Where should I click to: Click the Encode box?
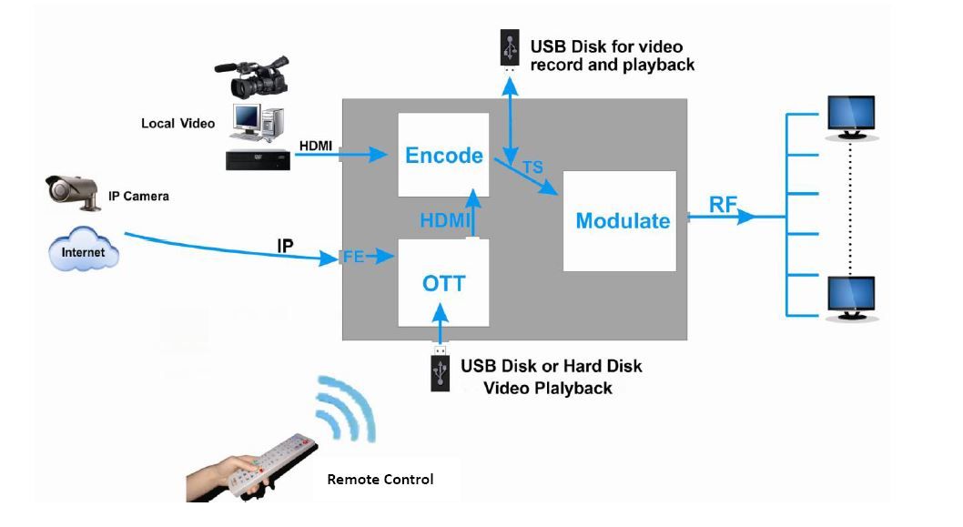(443, 155)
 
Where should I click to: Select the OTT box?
(443, 283)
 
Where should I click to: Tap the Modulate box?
(622, 221)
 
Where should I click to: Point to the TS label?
(533, 168)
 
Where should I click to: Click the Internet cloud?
(84, 251)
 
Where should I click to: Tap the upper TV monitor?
(850, 117)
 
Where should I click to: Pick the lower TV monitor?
(850, 298)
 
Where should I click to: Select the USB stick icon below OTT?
(441, 370)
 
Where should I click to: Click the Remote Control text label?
(380, 479)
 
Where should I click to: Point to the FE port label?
(353, 258)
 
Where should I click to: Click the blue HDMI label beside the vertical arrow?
(444, 221)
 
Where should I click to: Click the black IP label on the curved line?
(284, 246)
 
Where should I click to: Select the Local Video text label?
(177, 123)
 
